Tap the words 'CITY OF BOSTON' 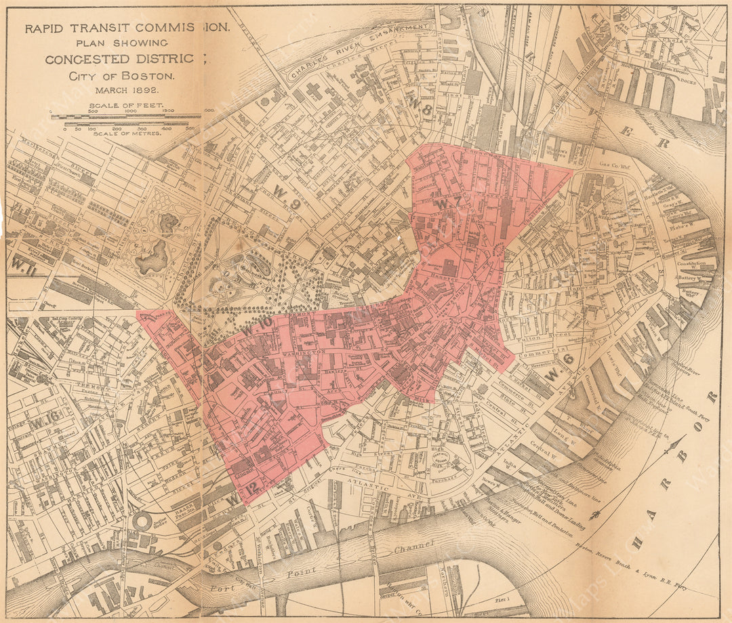pyautogui.click(x=121, y=76)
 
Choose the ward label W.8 pyautogui.click(x=425, y=109)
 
